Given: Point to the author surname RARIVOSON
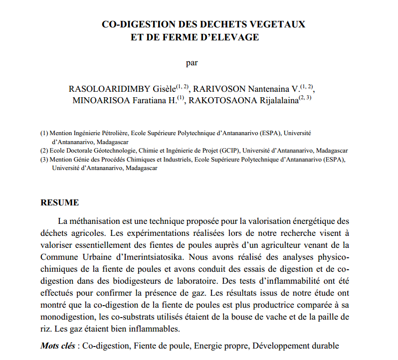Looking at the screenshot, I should click(220, 89).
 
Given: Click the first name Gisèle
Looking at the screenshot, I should click(165, 89).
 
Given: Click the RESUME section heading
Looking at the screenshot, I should click(59, 202).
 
